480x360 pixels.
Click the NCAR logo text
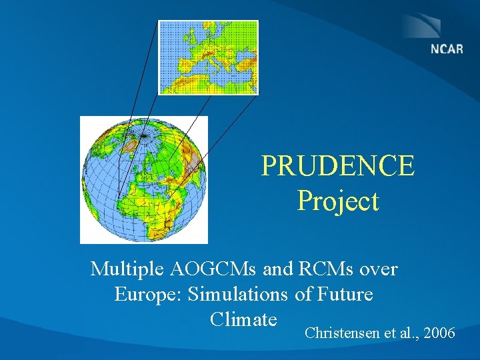click(x=446, y=49)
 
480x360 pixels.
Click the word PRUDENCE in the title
click(x=337, y=166)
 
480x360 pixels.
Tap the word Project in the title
click(x=337, y=201)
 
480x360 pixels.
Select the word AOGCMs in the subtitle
click(x=215, y=269)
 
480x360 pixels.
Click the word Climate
click(x=243, y=319)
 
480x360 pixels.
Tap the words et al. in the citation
click(x=401, y=333)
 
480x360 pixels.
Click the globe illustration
click(x=144, y=179)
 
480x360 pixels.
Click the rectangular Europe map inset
click(x=207, y=57)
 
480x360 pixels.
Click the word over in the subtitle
click(x=379, y=269)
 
